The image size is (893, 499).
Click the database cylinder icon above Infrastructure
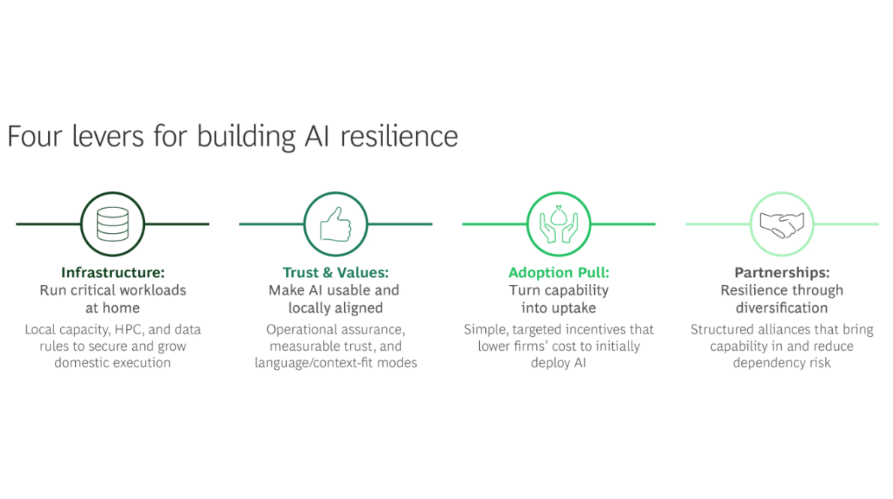pos(112,224)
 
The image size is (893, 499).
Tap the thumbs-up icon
pos(335,224)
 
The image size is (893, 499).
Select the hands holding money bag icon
pos(558,224)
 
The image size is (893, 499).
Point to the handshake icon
pos(781,224)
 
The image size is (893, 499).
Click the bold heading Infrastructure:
pos(113,273)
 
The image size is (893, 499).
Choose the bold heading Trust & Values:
pos(335,273)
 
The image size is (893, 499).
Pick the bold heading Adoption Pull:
pos(558,273)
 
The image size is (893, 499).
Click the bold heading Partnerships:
pos(781,273)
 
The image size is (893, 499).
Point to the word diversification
pos(781,308)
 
